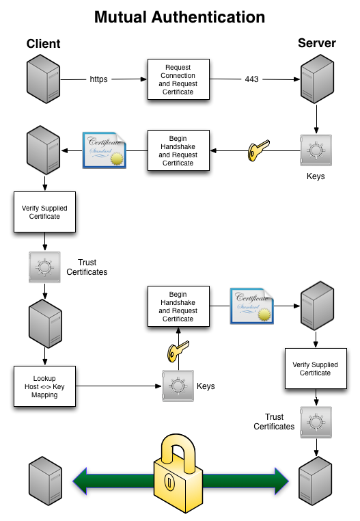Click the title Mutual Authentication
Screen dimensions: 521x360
(180, 16)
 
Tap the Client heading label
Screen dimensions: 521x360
(44, 44)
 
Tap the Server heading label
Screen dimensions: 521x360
(316, 43)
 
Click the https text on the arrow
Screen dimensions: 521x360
(98, 79)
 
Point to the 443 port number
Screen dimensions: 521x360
(251, 79)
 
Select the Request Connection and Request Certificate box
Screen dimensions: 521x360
(178, 80)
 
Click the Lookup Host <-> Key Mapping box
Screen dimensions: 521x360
(44, 387)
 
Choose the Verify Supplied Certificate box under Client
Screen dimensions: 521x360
(45, 212)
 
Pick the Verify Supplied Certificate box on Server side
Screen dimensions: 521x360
(315, 369)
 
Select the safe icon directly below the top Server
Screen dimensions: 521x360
(315, 150)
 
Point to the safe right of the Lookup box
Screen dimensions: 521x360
(178, 386)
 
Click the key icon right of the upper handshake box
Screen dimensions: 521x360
(258, 150)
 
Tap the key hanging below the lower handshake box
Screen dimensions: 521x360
(177, 353)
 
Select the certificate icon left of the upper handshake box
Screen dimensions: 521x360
(105, 150)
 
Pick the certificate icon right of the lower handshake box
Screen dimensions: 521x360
(251, 306)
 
